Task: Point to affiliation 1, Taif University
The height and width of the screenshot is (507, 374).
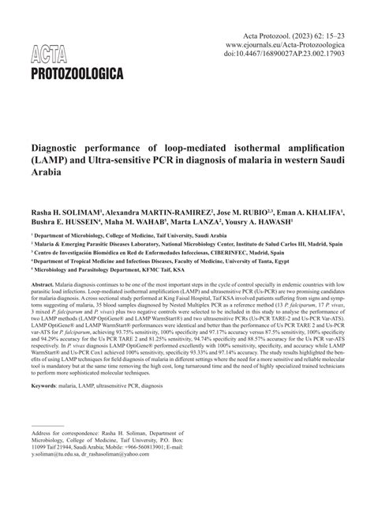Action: pos(125,236)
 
